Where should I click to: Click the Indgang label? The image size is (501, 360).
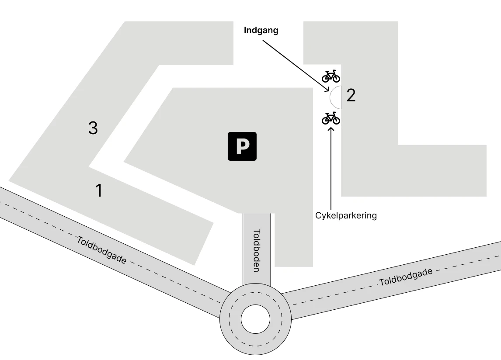(261, 31)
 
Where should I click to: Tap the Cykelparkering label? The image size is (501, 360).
(346, 215)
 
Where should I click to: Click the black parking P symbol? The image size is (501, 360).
(242, 146)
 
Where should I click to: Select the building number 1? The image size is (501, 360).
(99, 190)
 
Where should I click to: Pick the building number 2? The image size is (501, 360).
(351, 95)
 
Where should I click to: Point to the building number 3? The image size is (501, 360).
(93, 128)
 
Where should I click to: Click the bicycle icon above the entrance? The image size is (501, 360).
(331, 76)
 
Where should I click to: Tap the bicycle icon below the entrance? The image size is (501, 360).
(331, 118)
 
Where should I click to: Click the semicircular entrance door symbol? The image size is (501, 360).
(336, 97)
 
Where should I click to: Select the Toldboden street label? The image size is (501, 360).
(257, 250)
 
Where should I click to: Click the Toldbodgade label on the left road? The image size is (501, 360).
(101, 250)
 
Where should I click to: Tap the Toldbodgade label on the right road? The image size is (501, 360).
(406, 277)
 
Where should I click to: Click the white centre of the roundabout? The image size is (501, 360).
(255, 318)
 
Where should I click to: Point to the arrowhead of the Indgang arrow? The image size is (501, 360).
(328, 90)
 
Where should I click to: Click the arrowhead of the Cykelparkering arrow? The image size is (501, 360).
(331, 128)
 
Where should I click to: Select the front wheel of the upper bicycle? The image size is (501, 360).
(336, 78)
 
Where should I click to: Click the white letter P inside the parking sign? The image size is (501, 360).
(242, 147)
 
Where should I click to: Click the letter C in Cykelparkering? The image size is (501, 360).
(318, 215)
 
